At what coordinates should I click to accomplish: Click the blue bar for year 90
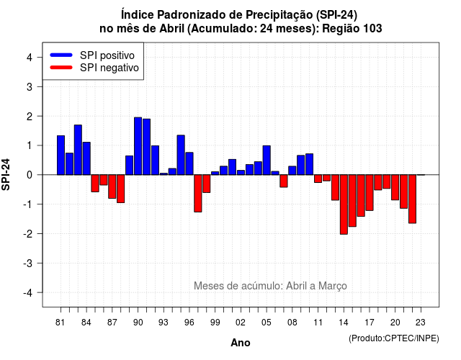point(138,146)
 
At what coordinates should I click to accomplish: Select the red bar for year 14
point(344,204)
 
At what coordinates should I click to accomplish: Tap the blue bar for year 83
point(78,150)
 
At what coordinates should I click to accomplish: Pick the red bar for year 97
point(198,194)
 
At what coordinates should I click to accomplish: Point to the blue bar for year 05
point(267,160)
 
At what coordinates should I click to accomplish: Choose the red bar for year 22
point(412,199)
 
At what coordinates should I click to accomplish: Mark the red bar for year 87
point(112,186)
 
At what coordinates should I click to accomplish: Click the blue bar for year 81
point(61,156)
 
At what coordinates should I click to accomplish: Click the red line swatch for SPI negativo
point(61,68)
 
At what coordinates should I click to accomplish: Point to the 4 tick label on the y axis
point(30,58)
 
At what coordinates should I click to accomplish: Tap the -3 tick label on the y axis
point(27,263)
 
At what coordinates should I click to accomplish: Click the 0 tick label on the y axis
point(30,175)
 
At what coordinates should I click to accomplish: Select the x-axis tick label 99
point(215,323)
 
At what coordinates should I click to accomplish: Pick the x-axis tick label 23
point(421,323)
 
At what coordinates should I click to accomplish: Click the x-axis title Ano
point(240,343)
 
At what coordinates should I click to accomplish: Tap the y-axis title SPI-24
point(6,174)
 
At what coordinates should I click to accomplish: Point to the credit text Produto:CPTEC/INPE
point(394,338)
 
